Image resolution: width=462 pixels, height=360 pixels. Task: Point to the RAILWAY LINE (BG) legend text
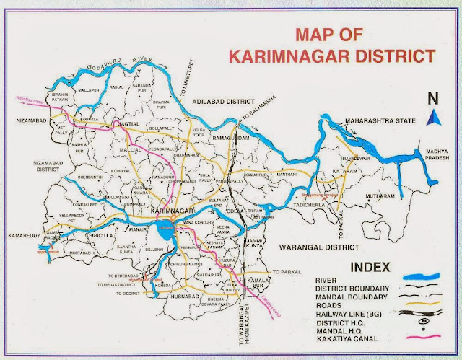point(348,315)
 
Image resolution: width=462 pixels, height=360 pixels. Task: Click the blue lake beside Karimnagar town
point(168,225)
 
